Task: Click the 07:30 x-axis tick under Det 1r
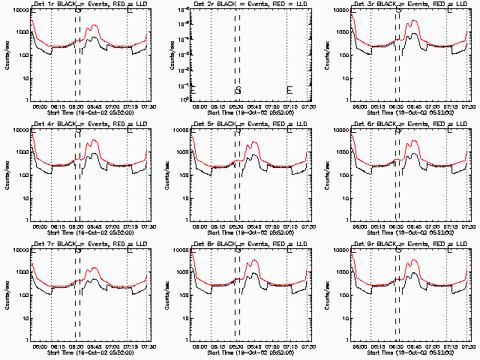coord(147,106)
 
